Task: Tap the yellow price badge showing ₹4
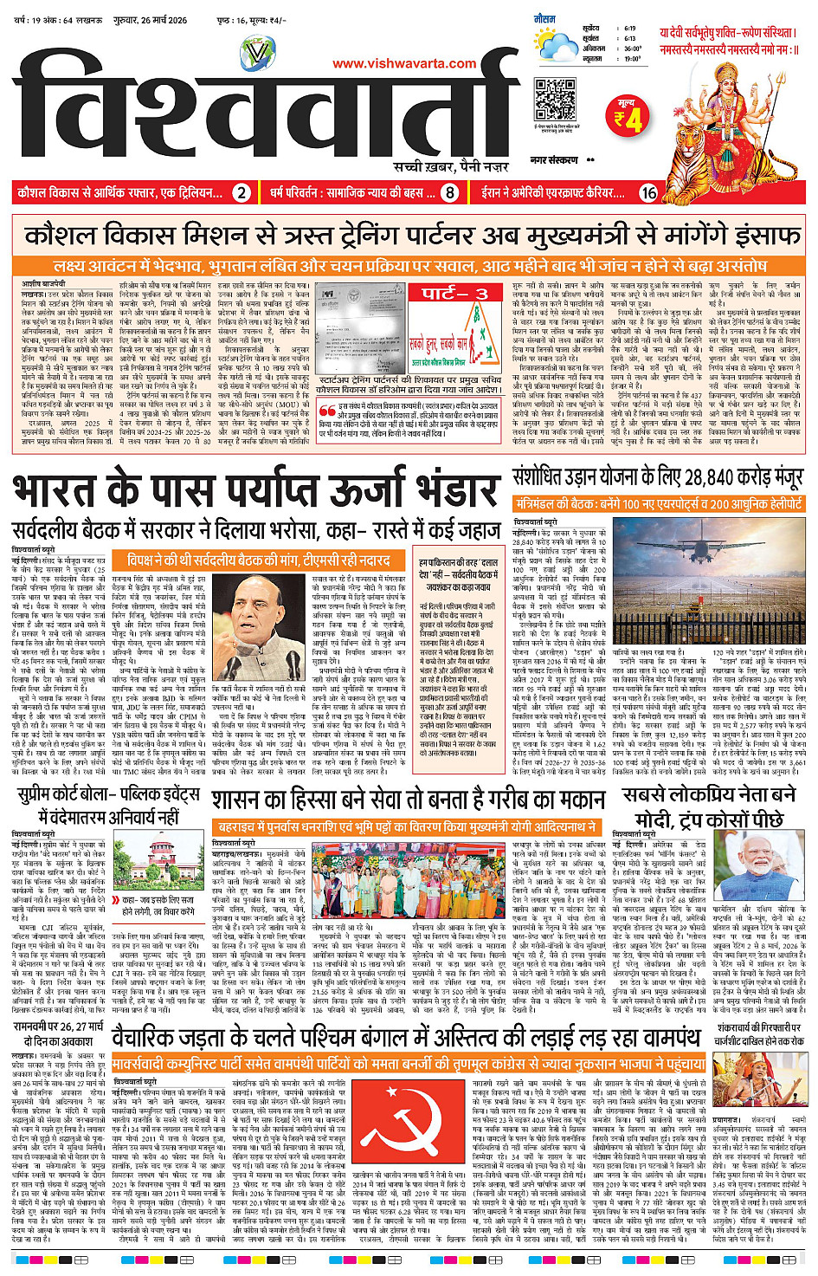(628, 118)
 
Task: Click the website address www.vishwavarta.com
(404, 63)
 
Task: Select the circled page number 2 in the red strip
(242, 193)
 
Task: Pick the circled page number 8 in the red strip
(449, 193)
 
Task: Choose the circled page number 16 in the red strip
(648, 193)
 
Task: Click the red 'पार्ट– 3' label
(455, 293)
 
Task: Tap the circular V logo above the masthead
(256, 53)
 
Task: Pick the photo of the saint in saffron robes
(759, 1083)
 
